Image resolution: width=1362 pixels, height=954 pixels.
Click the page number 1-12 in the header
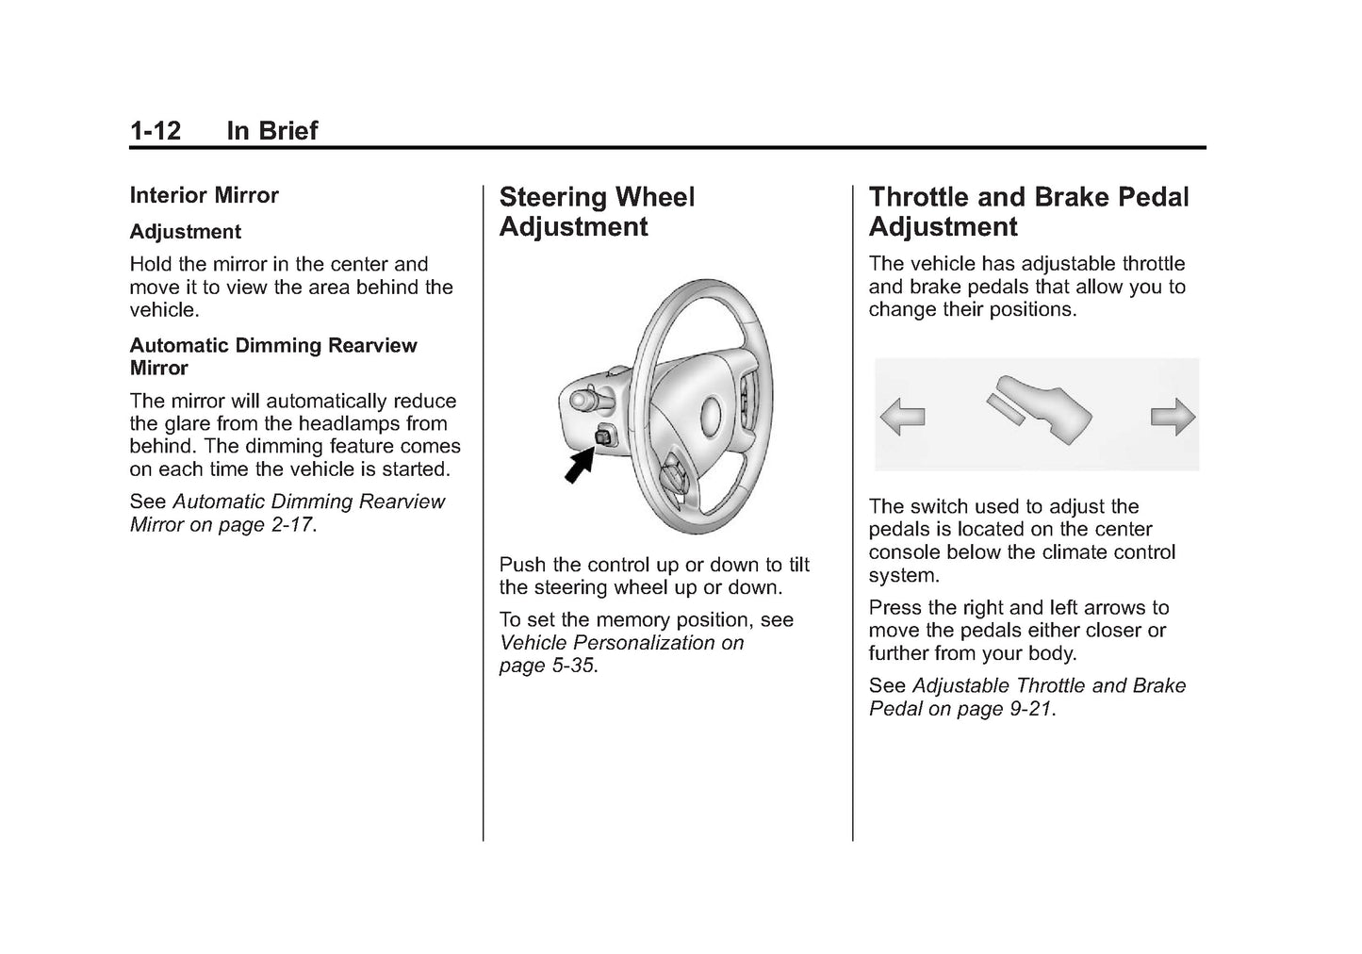click(156, 130)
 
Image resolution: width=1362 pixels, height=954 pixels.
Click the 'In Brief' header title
click(271, 130)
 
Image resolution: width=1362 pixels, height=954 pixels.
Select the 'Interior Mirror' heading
click(204, 195)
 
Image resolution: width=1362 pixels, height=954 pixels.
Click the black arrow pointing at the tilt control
click(579, 465)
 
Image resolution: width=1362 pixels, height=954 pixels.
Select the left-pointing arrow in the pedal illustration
click(902, 416)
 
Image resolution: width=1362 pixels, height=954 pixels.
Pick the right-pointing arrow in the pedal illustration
click(1173, 416)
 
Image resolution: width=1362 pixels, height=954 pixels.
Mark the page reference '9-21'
click(1029, 709)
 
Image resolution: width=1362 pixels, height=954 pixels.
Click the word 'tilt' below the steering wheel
click(798, 565)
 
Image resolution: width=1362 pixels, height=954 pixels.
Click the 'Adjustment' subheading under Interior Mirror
click(185, 232)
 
